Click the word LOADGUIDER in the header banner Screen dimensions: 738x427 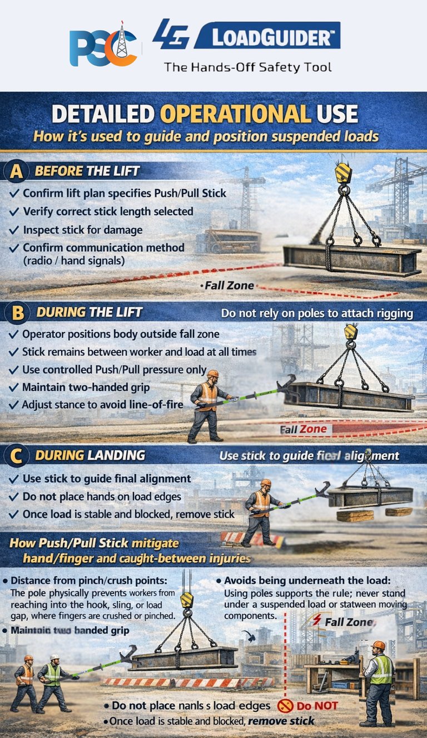267,38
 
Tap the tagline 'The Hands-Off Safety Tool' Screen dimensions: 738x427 247,67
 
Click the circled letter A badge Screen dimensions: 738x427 17,171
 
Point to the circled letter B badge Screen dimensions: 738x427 17,313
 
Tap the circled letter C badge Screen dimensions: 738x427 17,456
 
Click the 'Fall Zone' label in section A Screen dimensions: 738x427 228,286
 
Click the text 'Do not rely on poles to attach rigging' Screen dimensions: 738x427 317,314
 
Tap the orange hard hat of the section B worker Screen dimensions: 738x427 212,373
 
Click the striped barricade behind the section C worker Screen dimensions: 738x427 253,538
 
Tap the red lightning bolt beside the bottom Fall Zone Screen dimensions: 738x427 317,620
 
